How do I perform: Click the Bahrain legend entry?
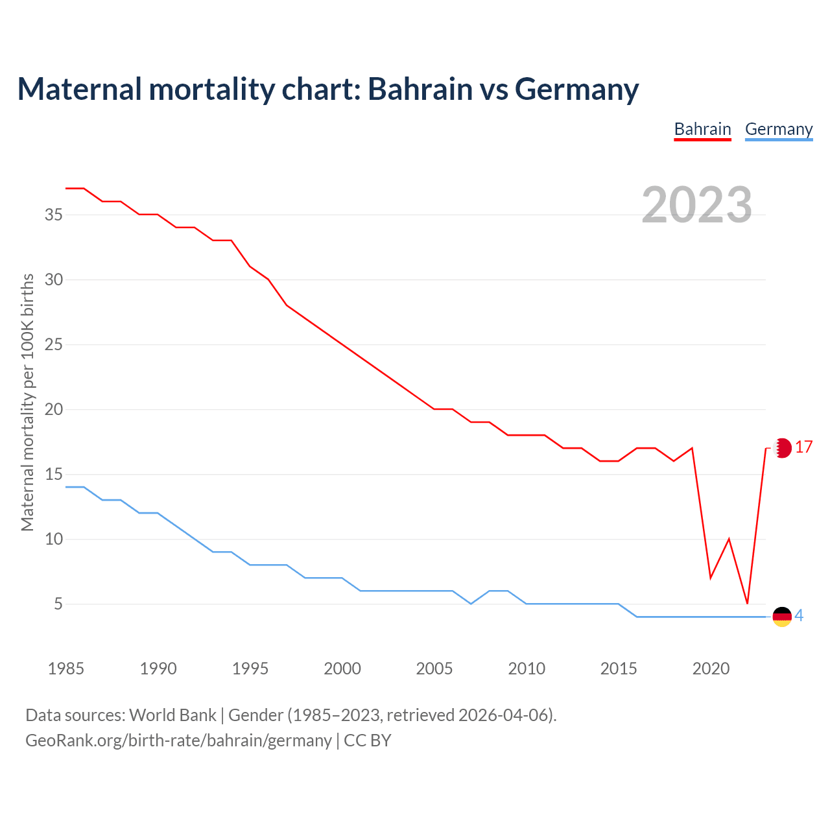pos(702,129)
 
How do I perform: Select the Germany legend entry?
pos(778,129)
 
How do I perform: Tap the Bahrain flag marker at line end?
pos(783,447)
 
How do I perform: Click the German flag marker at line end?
pos(782,617)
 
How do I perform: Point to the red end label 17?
pos(803,447)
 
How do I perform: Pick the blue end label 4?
pos(799,616)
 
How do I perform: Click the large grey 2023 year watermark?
pos(696,205)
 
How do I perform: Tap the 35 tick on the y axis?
pos(54,215)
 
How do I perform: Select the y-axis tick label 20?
pos(54,410)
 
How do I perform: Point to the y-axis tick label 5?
pos(58,604)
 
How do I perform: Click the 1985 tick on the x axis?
pos(66,669)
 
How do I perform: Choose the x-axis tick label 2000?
pos(342,669)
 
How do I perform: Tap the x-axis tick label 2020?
pos(711,669)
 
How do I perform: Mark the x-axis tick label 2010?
pos(527,669)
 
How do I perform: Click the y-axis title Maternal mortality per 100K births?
pos(27,402)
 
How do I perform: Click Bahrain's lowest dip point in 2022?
pos(747,604)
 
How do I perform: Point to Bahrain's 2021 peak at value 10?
pos(729,539)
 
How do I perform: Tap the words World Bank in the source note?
pos(172,715)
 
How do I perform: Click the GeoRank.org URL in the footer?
pos(178,741)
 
